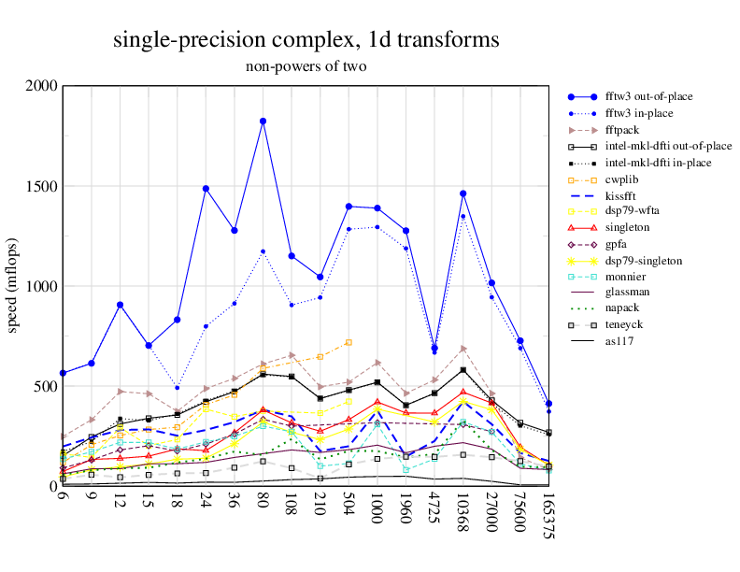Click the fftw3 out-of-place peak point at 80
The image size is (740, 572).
pos(263,121)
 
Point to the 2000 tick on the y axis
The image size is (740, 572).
pos(42,86)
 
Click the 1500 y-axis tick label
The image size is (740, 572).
pos(42,186)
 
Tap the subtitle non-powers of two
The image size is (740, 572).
pos(306,66)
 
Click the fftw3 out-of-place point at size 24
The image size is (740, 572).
pos(206,188)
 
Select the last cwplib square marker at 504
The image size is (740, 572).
pos(349,342)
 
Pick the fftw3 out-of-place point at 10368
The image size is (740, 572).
pos(462,193)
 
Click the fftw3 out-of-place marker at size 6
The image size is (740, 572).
pos(63,373)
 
